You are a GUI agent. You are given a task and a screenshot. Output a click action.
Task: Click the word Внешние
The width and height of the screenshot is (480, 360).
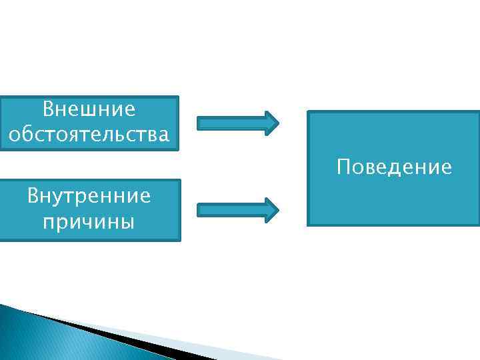coord(89,109)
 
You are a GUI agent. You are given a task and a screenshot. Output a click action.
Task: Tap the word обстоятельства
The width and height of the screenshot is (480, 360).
coord(89,135)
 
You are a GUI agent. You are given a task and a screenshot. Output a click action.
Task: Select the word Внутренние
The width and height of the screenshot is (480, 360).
coord(89,196)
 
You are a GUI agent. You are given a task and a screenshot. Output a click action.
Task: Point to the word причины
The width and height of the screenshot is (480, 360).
coord(89,221)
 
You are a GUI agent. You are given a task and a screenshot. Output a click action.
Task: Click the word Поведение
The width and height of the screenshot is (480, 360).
coord(394,167)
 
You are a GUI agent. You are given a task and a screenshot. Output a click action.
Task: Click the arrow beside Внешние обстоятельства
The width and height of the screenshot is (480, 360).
coord(238,123)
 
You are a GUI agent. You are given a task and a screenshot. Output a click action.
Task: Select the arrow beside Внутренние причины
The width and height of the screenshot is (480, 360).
coord(238,209)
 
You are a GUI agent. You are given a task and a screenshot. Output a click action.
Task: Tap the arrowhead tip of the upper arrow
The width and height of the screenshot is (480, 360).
coord(278,123)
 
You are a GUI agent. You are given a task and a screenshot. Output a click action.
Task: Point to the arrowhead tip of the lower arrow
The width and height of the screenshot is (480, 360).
coord(278,209)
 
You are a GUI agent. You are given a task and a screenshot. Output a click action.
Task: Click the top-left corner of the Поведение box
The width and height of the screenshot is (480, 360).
coord(307,111)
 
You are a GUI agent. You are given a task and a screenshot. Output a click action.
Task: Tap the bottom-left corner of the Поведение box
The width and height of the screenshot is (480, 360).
coord(307,225)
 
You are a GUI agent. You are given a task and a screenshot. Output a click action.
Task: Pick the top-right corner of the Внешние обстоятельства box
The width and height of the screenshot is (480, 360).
coord(178,97)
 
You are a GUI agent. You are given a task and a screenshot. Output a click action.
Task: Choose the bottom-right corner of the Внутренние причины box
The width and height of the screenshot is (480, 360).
coord(180,239)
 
